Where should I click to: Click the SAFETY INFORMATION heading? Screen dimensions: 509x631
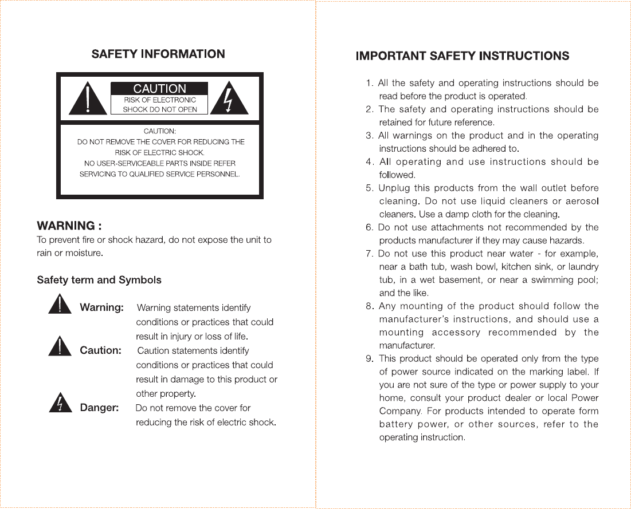(x=158, y=54)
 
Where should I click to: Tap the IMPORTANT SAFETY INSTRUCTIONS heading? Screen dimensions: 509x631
(x=463, y=56)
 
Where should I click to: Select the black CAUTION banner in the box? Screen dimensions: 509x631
(x=159, y=89)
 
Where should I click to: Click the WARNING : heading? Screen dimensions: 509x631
(x=69, y=226)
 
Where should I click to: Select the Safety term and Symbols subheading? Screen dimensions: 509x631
(x=99, y=280)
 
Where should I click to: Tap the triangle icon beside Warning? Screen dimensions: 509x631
(x=60, y=304)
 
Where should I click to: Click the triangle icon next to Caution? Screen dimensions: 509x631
(x=60, y=346)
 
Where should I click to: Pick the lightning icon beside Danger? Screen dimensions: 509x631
(x=60, y=404)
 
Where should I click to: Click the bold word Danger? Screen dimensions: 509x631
(x=99, y=408)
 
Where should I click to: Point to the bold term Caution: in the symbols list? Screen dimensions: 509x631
(x=100, y=350)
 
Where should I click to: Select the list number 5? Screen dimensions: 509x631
(x=370, y=188)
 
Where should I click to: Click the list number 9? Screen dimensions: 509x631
(x=370, y=359)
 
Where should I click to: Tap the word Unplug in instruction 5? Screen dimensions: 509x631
(x=394, y=188)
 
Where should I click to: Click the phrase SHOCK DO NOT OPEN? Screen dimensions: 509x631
(x=160, y=109)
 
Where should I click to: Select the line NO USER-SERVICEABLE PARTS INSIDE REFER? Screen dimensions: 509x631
(x=159, y=163)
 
